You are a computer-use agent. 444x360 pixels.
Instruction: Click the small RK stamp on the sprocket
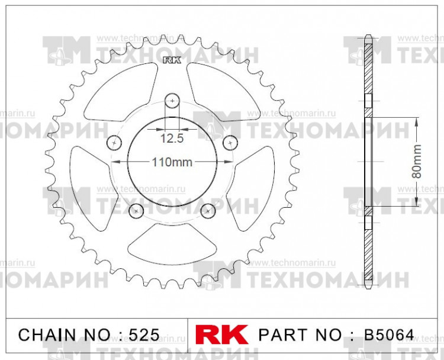172,60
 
